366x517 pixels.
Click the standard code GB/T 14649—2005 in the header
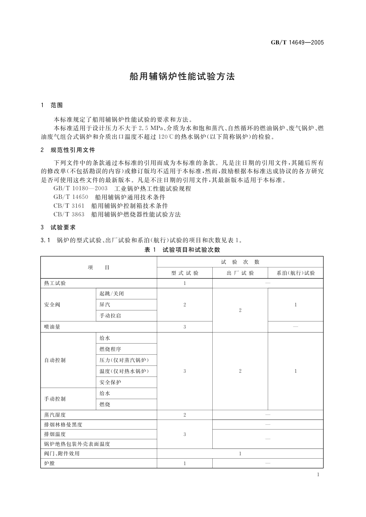pyautogui.click(x=297, y=43)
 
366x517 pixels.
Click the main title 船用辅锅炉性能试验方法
pyautogui.click(x=182, y=77)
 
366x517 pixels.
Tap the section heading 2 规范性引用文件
pyautogui.click(x=68, y=150)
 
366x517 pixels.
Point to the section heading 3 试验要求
pyautogui.click(x=58, y=227)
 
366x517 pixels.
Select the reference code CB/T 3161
pyautogui.click(x=69, y=206)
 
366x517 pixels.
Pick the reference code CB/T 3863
pyautogui.click(x=69, y=214)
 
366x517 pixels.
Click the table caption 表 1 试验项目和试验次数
pyautogui.click(x=182, y=250)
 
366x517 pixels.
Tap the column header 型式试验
pyautogui.click(x=185, y=273)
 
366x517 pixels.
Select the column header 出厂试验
pyautogui.click(x=240, y=273)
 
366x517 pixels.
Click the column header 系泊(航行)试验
pyautogui.click(x=296, y=273)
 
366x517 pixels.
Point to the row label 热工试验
pyautogui.click(x=55, y=283)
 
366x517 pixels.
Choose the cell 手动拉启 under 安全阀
pyautogui.click(x=110, y=316)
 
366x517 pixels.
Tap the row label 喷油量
pyautogui.click(x=52, y=327)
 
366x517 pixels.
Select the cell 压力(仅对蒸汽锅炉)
pyautogui.click(x=124, y=360)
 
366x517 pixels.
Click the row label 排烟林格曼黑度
pyautogui.click(x=63, y=425)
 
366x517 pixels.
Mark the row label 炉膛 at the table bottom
pyautogui.click(x=49, y=463)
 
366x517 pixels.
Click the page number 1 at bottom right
pyautogui.click(x=318, y=475)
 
